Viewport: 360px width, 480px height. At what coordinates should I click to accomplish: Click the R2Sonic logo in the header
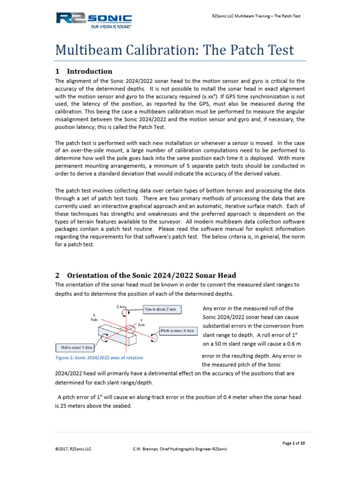(x=94, y=19)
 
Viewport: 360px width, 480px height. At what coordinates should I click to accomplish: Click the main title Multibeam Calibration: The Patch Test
(x=175, y=50)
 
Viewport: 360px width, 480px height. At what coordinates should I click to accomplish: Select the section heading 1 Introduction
(x=84, y=71)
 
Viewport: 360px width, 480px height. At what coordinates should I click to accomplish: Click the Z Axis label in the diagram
(x=121, y=307)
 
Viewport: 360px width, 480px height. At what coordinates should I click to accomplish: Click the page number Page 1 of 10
(x=293, y=443)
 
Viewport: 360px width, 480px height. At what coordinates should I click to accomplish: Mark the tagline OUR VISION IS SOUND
(x=111, y=27)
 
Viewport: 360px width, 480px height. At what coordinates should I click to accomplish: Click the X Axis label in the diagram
(x=94, y=316)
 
